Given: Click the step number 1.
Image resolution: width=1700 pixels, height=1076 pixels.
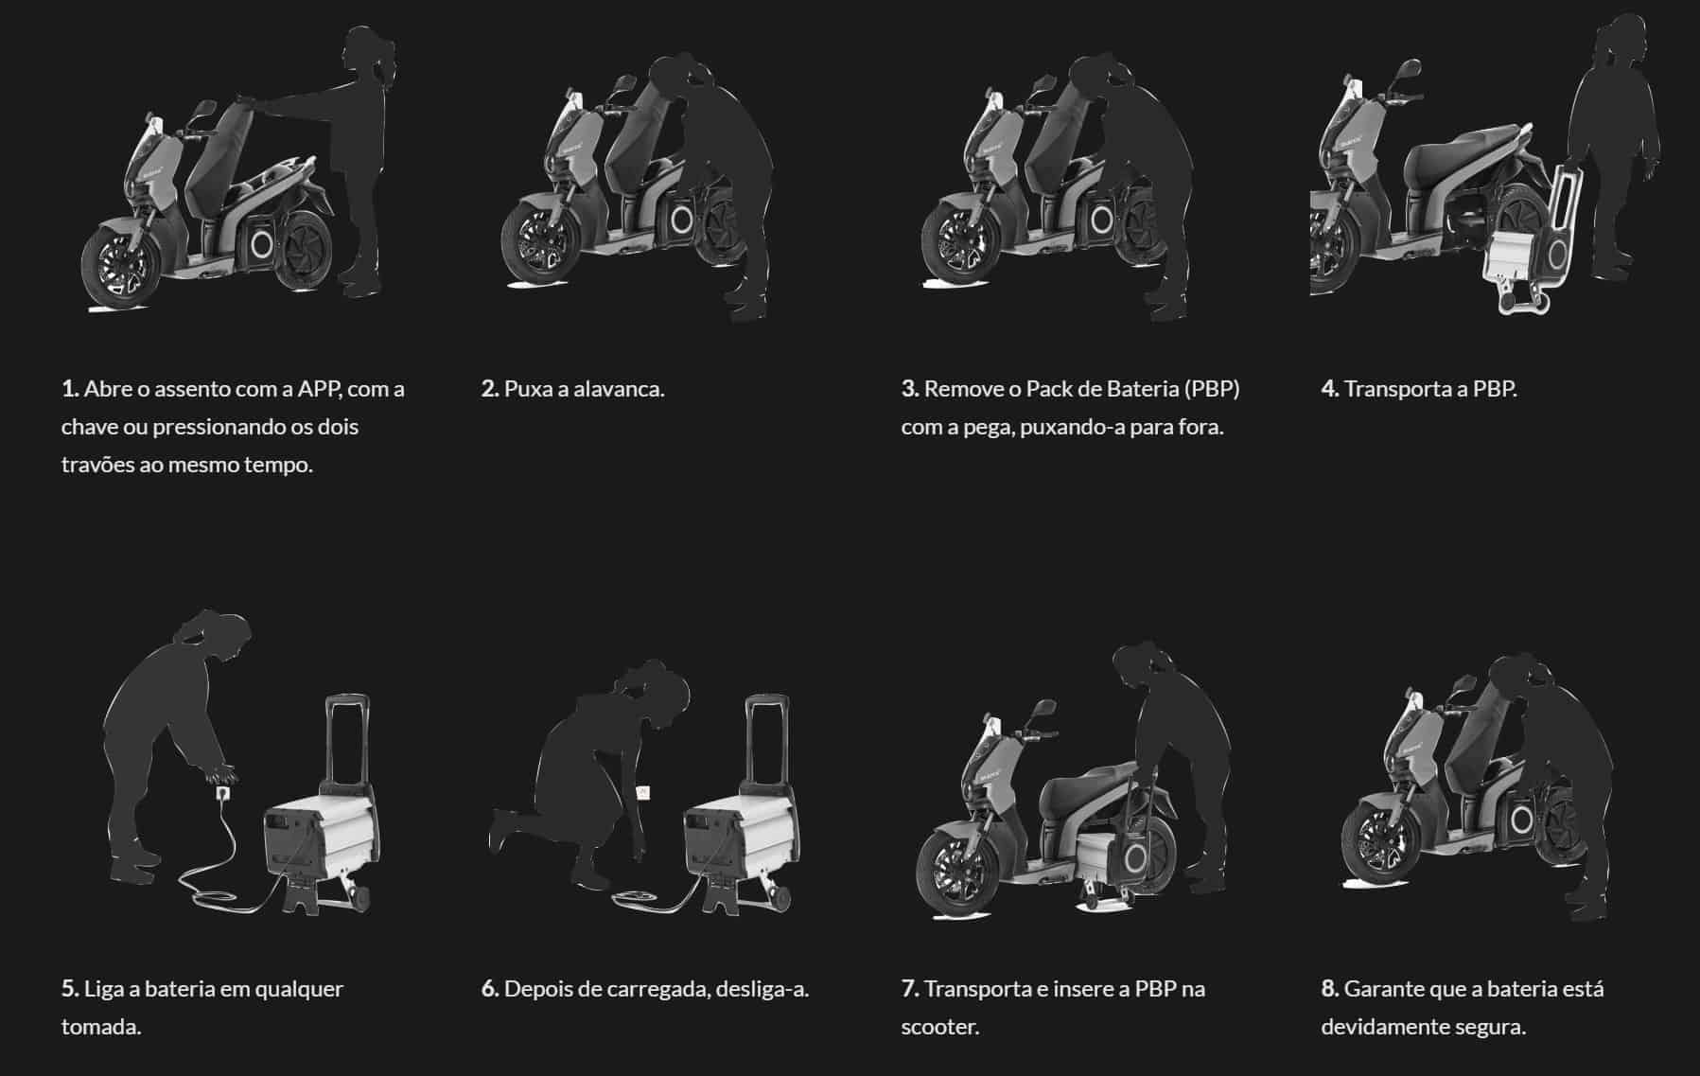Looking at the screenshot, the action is [x=69, y=389].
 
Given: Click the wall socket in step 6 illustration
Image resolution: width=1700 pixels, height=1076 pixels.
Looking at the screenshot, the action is [x=642, y=790].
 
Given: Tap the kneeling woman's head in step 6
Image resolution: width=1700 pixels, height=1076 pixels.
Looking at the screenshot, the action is [x=646, y=686].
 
